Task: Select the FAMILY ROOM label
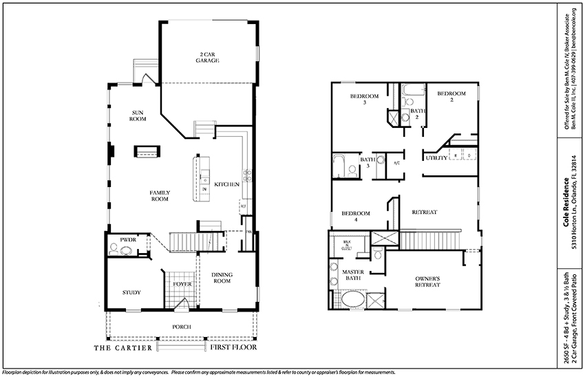(160, 195)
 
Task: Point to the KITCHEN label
(226, 184)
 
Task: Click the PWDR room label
(128, 239)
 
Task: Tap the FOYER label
(182, 283)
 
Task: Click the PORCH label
(182, 326)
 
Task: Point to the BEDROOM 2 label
(451, 96)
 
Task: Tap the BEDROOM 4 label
(357, 217)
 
